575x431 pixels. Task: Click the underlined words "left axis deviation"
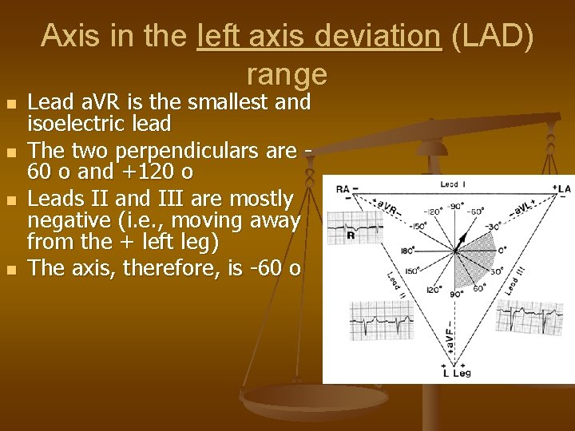click(x=318, y=35)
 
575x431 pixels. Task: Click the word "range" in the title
click(x=287, y=73)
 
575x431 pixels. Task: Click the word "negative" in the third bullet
click(x=69, y=219)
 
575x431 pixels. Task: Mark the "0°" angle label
click(x=502, y=250)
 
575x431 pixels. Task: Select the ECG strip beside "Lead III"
click(x=529, y=317)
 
